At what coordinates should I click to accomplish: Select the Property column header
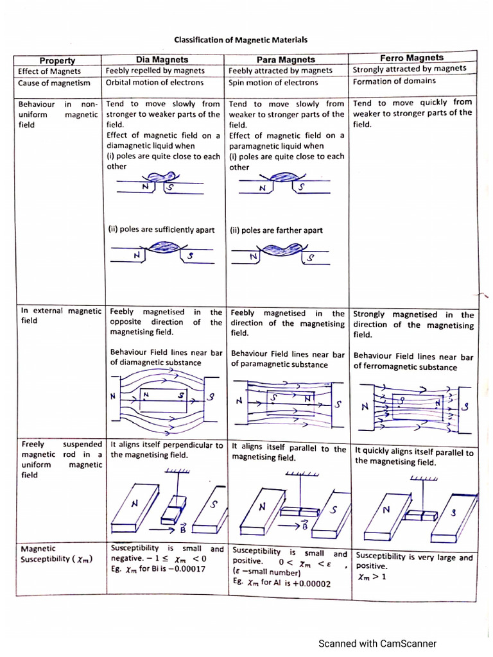57,60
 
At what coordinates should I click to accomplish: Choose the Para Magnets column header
286,60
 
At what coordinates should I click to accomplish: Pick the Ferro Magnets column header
412,58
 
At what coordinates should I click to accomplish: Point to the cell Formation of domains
394,81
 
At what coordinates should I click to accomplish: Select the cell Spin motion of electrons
273,82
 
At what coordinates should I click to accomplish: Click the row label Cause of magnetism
54,83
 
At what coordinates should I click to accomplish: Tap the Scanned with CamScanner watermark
378,643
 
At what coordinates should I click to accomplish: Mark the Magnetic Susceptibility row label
56,554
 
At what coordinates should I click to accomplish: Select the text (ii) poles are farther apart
276,230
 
